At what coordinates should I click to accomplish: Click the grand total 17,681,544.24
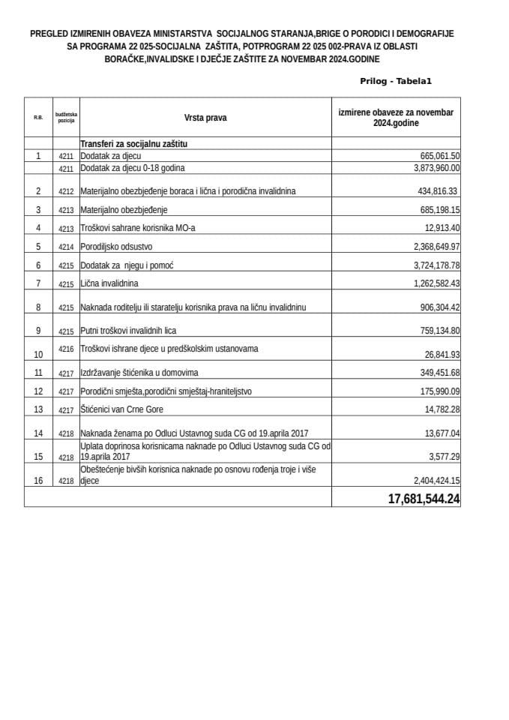coord(424,499)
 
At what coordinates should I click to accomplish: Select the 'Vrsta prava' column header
coord(205,117)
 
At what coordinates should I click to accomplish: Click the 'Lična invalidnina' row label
coord(109,283)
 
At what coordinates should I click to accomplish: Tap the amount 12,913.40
coord(442,228)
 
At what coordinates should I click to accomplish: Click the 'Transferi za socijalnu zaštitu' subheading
coord(133,143)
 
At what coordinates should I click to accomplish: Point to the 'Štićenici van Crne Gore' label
coord(121,409)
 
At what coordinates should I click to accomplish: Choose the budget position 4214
coord(67,247)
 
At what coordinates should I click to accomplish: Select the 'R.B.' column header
coord(38,118)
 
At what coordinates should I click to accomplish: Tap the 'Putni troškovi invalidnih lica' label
coord(128,330)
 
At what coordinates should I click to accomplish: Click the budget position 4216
coord(67,349)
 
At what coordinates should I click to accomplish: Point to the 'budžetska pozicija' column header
coord(66,117)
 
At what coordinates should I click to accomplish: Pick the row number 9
coord(38,330)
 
